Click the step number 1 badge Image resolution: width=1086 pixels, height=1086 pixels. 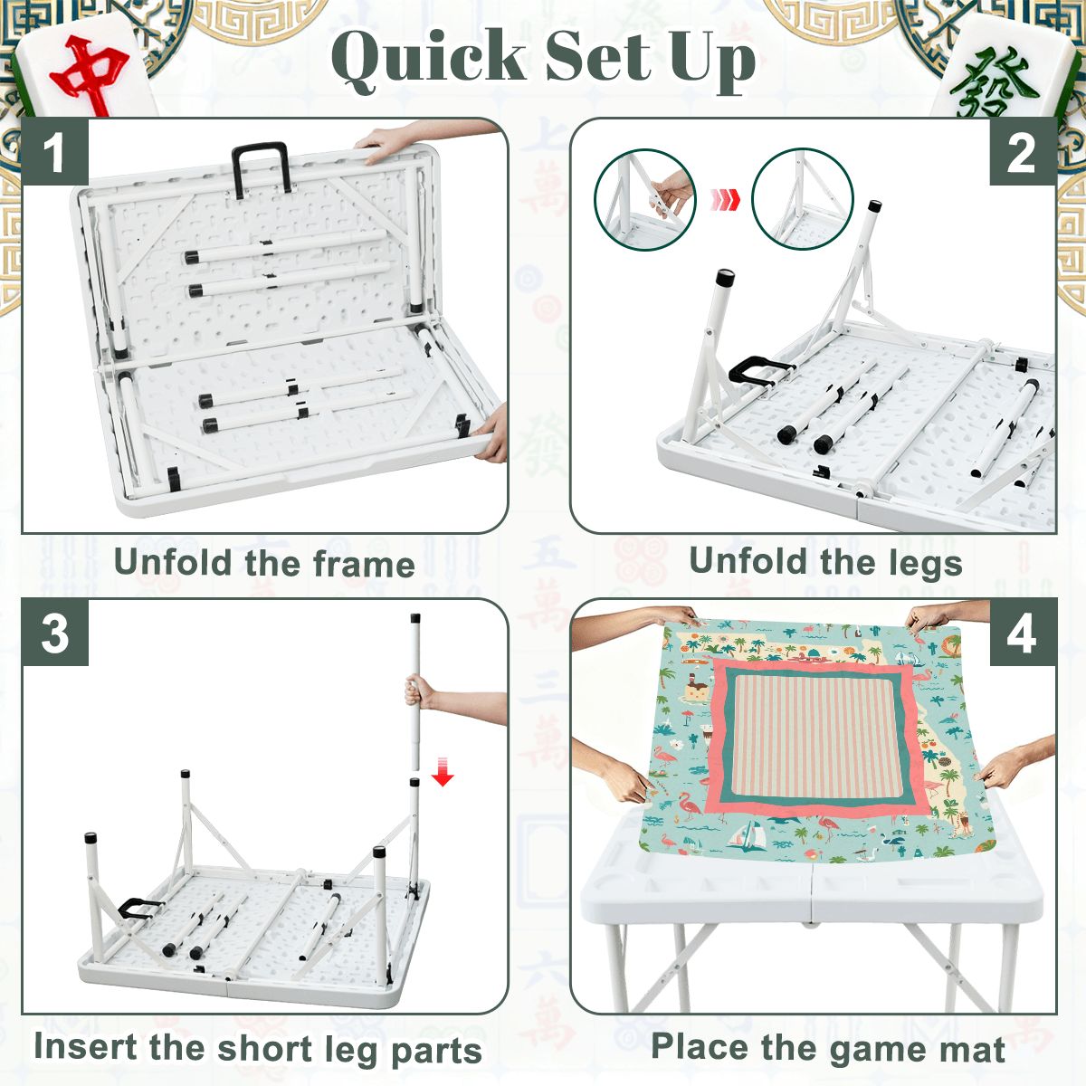tap(55, 151)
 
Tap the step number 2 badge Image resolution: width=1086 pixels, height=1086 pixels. tap(1022, 151)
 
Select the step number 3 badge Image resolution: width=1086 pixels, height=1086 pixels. tap(55, 633)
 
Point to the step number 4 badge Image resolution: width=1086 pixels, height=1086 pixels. tap(1022, 633)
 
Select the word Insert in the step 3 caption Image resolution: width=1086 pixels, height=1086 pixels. tap(82, 1047)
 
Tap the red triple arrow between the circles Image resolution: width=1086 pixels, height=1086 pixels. tap(724, 198)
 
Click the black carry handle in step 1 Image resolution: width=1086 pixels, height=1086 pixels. tap(261, 168)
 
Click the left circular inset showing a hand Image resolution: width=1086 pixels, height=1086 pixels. tap(644, 200)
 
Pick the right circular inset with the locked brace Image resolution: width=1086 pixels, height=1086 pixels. tap(803, 200)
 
